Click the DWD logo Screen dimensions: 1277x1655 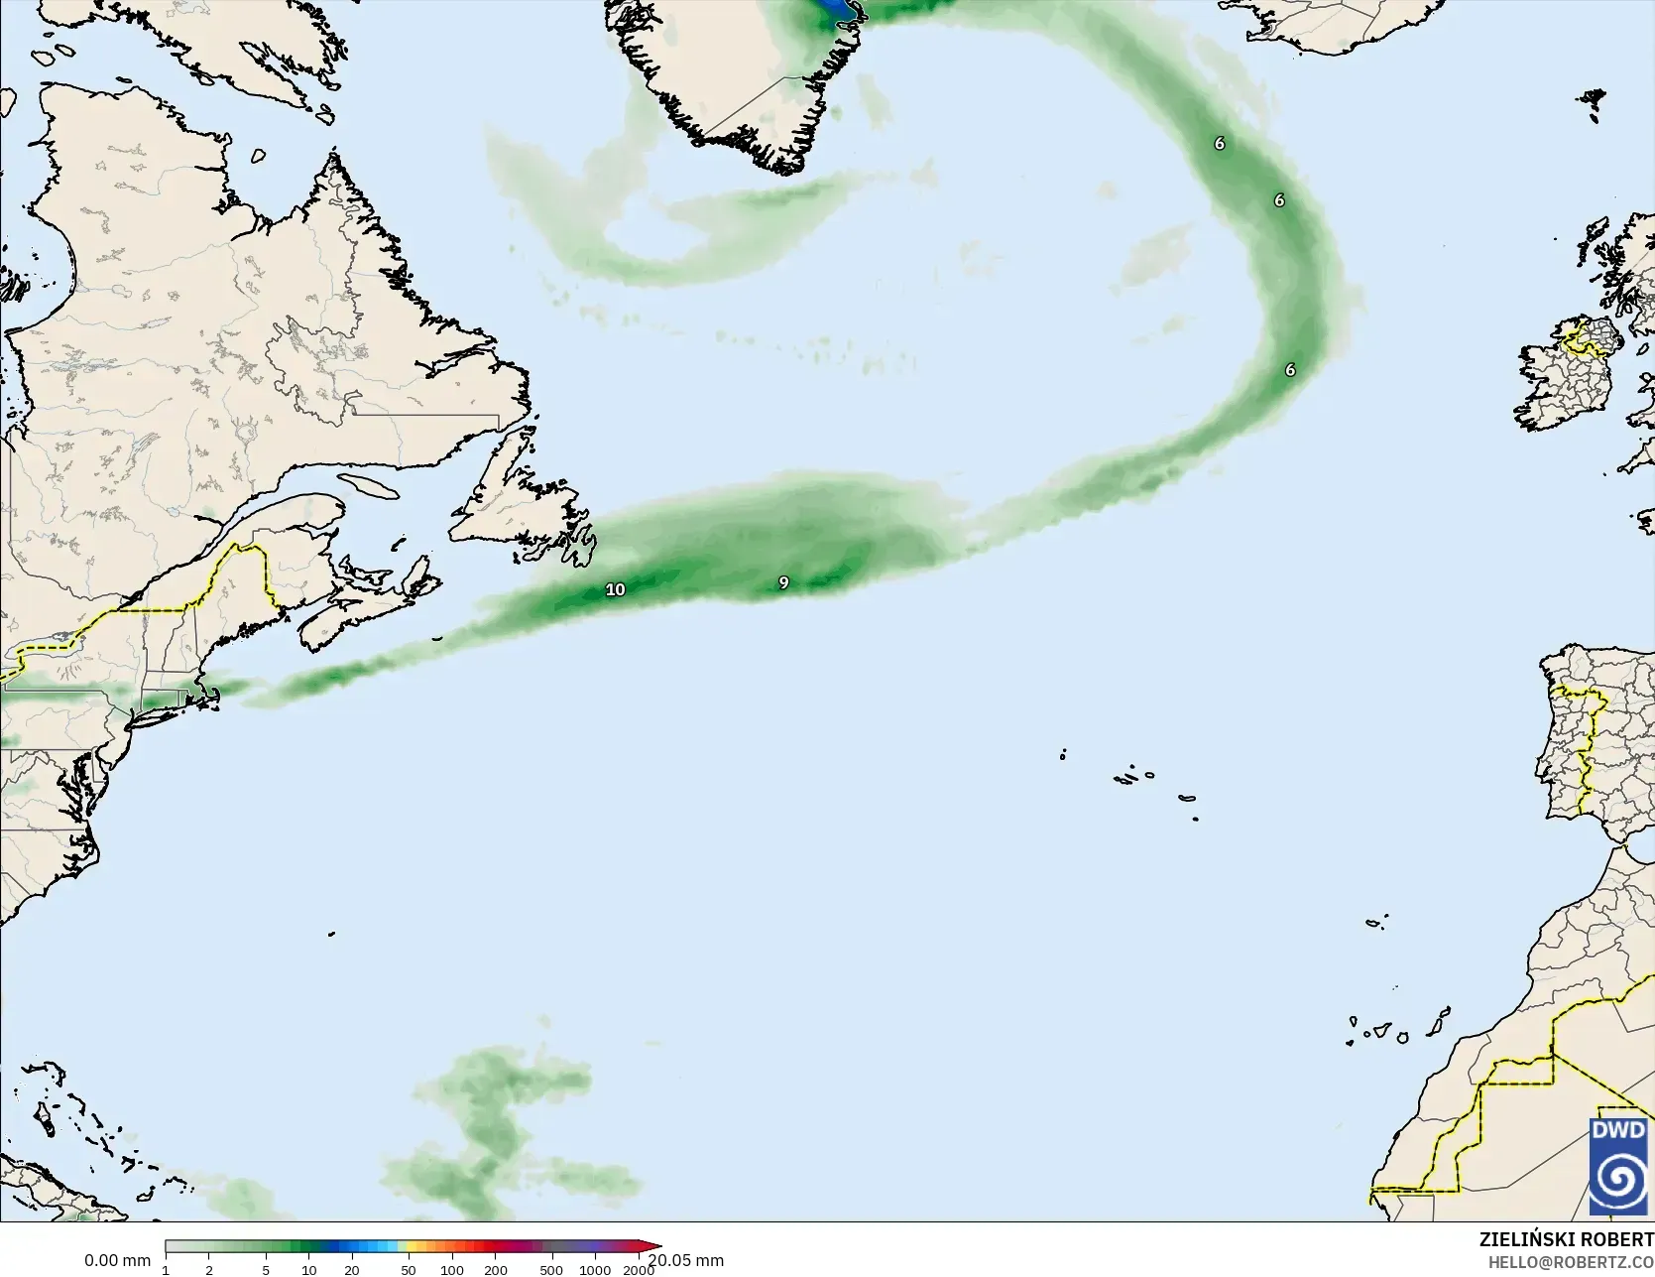(1618, 1165)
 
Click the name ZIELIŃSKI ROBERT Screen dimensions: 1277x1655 (1566, 1239)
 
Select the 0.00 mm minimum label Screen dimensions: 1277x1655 (117, 1260)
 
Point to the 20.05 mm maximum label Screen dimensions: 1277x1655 (685, 1260)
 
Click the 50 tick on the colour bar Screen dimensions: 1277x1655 (409, 1269)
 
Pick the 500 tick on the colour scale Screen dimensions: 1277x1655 (551, 1269)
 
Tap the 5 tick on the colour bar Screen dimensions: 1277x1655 (266, 1269)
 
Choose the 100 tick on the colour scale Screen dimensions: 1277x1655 (452, 1269)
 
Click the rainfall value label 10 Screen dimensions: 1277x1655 (615, 589)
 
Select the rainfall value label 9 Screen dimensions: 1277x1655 (783, 582)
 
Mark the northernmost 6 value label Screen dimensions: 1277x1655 (1220, 143)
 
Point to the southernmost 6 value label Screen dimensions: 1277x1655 (1290, 370)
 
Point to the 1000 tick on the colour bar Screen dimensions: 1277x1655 (595, 1269)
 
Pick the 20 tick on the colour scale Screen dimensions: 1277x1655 (351, 1269)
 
